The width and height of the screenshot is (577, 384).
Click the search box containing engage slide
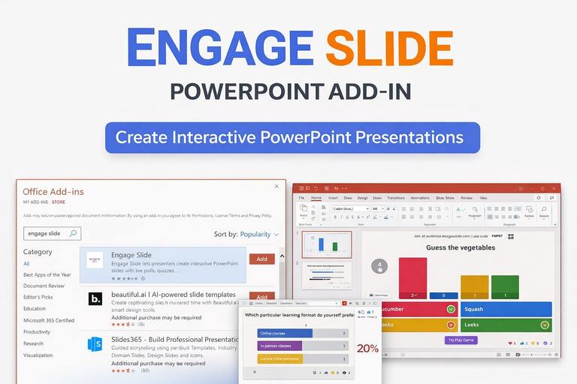[51, 233]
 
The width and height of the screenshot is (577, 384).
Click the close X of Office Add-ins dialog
[276, 186]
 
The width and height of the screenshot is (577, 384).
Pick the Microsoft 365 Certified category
[49, 320]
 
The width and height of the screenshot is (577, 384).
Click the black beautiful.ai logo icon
[95, 298]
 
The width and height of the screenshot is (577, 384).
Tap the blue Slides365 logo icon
[95, 343]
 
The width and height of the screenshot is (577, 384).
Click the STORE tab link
[58, 202]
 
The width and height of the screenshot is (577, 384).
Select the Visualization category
[38, 355]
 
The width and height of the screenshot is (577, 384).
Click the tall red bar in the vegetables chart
[412, 277]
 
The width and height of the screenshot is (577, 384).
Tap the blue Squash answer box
[506, 309]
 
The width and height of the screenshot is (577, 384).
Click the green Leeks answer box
[506, 325]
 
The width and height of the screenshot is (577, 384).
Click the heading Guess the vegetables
[460, 247]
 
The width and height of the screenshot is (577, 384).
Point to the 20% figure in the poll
[367, 349]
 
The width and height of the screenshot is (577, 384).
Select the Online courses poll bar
[285, 333]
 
